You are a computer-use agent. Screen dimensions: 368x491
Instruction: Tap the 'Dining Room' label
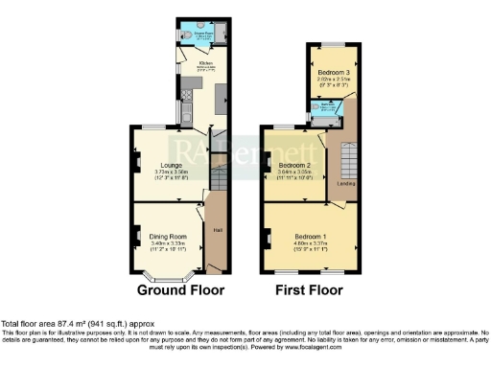[168, 235]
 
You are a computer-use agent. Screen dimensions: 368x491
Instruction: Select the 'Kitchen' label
[205, 64]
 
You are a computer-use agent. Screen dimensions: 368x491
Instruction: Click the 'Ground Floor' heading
[180, 289]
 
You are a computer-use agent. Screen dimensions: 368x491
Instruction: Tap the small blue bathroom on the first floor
[327, 108]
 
